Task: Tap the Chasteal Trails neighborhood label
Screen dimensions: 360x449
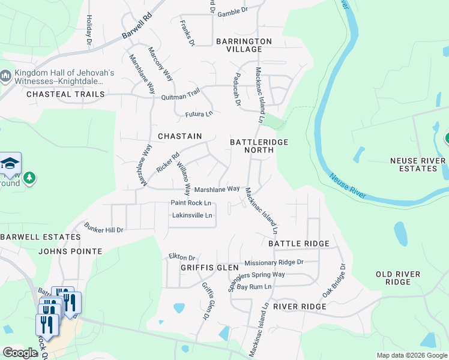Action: tap(65, 94)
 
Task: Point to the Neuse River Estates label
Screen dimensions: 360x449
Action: tap(418, 164)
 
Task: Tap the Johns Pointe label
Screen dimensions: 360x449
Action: tap(70, 251)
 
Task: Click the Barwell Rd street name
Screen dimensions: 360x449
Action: tap(136, 28)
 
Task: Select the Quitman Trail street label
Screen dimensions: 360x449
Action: tap(180, 95)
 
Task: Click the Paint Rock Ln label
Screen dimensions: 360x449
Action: tap(191, 203)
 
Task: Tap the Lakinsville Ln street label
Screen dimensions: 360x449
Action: tap(192, 215)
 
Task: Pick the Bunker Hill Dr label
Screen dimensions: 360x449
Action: tap(103, 229)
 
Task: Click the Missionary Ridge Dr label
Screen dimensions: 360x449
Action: tap(274, 262)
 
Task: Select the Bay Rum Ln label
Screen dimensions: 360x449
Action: tap(254, 287)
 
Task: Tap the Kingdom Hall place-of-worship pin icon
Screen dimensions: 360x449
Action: tap(6, 76)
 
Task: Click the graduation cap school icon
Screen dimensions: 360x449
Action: tap(10, 163)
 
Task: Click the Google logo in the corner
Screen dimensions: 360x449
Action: tap(20, 352)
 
